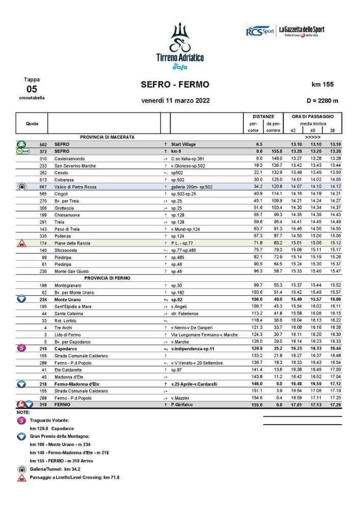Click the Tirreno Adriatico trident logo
pos(179,39)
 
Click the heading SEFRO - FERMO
pos(175,84)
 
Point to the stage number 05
pos(32,89)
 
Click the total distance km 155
pos(322,84)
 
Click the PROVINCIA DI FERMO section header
pos(107,278)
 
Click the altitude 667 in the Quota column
pos(43,187)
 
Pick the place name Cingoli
pos(62,194)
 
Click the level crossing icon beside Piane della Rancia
pos(21,243)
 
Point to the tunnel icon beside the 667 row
pos(21,187)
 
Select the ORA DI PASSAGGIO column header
pos(313,117)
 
